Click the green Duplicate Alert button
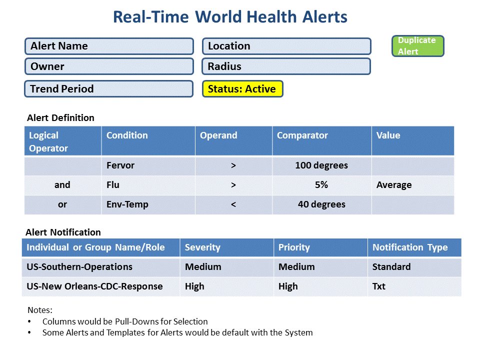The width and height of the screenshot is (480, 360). pyautogui.click(x=417, y=46)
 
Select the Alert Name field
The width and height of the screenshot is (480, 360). pyautogui.click(x=109, y=46)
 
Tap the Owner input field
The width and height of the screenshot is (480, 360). pyautogui.click(x=109, y=66)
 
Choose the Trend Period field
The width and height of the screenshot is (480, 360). pyautogui.click(x=108, y=89)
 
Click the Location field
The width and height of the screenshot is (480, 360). pyautogui.click(x=286, y=46)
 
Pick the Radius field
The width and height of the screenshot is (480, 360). pyautogui.click(x=286, y=66)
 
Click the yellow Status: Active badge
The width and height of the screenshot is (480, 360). pyautogui.click(x=242, y=89)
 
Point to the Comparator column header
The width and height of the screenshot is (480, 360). pyautogui.click(x=321, y=141)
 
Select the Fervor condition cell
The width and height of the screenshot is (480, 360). pyautogui.click(x=148, y=165)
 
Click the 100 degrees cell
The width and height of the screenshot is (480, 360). pyautogui.click(x=321, y=165)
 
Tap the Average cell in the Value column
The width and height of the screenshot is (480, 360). pyautogui.click(x=412, y=185)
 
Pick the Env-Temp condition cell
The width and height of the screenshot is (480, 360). pyautogui.click(x=148, y=204)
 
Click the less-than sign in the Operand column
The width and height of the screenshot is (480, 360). pyautogui.click(x=233, y=204)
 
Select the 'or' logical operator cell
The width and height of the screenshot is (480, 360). pyautogui.click(x=63, y=204)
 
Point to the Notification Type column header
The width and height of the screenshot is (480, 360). pyautogui.click(x=414, y=247)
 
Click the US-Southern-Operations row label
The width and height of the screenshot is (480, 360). pyautogui.click(x=79, y=267)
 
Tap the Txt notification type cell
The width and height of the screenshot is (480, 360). pyautogui.click(x=414, y=286)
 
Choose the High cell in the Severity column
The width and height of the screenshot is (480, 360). pyautogui.click(x=227, y=286)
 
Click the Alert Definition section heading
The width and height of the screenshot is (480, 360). pyautogui.click(x=60, y=118)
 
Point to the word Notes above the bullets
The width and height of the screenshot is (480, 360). pyautogui.click(x=40, y=310)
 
